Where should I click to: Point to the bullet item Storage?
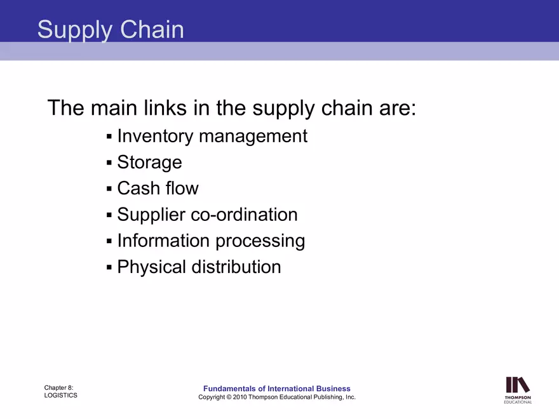pyautogui.click(x=149, y=163)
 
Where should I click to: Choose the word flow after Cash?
pyautogui.click(x=182, y=189)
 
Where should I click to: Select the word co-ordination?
pyautogui.click(x=245, y=215)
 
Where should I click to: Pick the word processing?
pyautogui.click(x=260, y=242)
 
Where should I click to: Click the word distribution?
pyautogui.click(x=238, y=267)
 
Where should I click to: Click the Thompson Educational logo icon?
pyautogui.click(x=518, y=385)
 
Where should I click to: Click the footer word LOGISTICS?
pyautogui.click(x=61, y=396)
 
